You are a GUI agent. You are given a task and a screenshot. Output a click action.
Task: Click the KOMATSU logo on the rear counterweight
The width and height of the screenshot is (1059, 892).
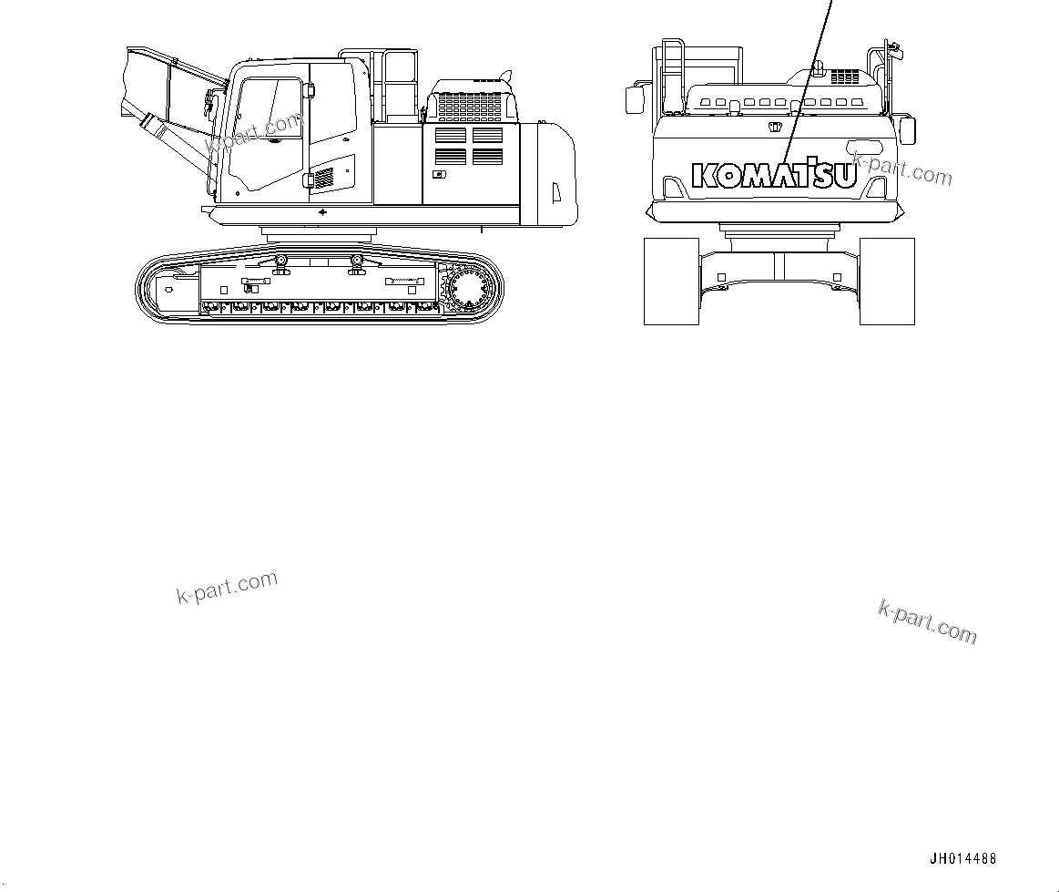774,176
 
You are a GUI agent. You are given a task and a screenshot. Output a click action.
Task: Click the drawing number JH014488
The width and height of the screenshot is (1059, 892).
963,858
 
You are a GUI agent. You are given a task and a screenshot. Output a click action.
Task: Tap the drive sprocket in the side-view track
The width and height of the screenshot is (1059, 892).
470,291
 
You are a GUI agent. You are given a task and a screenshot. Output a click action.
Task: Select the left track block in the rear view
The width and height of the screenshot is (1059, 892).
671,281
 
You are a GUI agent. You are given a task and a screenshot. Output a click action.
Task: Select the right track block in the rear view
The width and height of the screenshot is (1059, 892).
886,281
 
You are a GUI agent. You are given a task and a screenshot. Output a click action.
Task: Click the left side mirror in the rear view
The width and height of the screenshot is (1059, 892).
634,99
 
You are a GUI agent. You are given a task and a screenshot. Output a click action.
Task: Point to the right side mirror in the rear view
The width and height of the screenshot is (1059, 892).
907,129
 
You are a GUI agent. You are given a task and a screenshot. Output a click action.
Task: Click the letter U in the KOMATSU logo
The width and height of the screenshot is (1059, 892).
844,176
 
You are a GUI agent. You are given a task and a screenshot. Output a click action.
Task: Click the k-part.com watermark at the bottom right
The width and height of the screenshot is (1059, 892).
927,621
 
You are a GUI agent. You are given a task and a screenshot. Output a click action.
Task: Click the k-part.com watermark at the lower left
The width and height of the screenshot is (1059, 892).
227,588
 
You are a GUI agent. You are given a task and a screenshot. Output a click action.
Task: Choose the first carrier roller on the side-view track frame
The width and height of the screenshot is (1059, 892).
282,262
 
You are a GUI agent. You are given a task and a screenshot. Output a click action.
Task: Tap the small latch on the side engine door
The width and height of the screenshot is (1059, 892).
439,174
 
